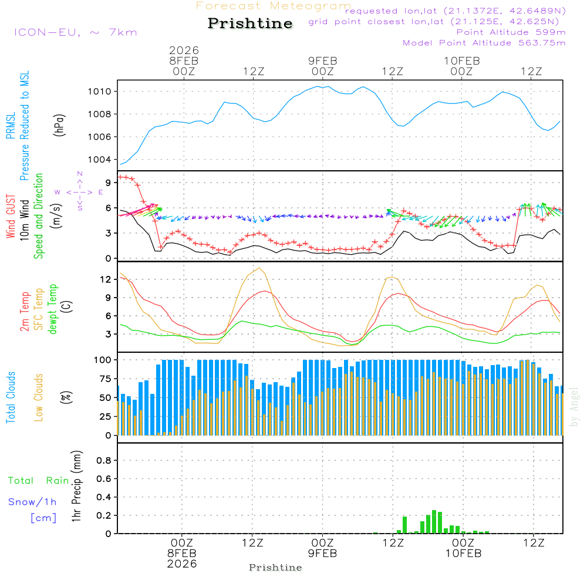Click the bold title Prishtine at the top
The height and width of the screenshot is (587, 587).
click(x=250, y=23)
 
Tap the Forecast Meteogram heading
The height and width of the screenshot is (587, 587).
click(x=274, y=6)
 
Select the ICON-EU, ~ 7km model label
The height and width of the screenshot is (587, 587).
click(x=75, y=32)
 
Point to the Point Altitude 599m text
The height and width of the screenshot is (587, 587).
click(x=511, y=32)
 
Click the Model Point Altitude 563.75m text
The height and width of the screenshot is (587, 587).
click(x=484, y=43)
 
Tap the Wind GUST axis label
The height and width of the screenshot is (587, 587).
click(x=11, y=217)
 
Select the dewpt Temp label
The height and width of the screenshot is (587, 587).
click(x=53, y=309)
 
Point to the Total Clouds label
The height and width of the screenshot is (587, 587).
click(x=11, y=397)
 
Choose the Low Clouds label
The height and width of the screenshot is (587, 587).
click(x=39, y=397)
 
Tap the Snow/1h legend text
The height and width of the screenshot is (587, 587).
click(x=32, y=502)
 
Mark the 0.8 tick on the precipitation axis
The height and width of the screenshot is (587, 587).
click(x=104, y=461)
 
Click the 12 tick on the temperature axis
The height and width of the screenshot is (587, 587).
click(x=105, y=279)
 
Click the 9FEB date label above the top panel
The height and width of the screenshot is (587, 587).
click(x=323, y=61)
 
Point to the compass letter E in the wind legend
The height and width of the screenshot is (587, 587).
click(x=100, y=192)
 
